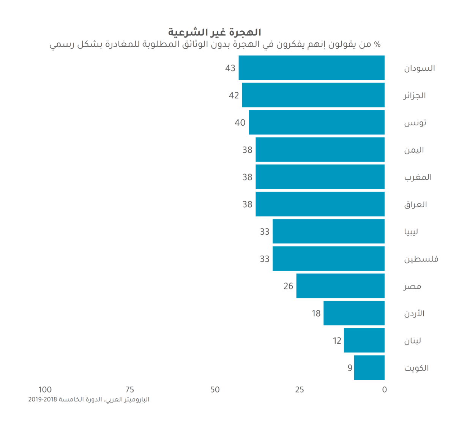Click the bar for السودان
(x=311, y=68)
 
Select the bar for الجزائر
(x=313, y=95)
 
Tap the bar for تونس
(x=317, y=122)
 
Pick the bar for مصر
(x=340, y=286)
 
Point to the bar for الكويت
(x=369, y=368)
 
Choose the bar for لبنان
(x=364, y=341)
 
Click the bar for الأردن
(x=354, y=313)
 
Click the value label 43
(x=230, y=68)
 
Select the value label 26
(x=288, y=286)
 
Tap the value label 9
(x=350, y=368)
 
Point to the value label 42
(x=233, y=95)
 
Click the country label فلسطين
(x=421, y=259)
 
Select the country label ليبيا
(x=411, y=232)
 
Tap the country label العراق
(x=415, y=205)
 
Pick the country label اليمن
(x=414, y=150)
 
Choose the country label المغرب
(x=418, y=177)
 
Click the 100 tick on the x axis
(x=45, y=390)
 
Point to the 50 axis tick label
(x=215, y=390)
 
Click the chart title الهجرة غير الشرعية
(x=215, y=32)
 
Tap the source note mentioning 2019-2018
(x=88, y=400)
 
